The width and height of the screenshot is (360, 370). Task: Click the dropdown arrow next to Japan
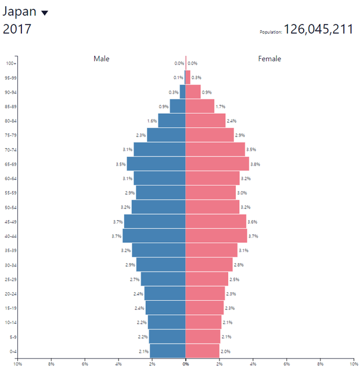click(x=45, y=13)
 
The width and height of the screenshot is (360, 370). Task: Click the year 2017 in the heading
click(x=17, y=29)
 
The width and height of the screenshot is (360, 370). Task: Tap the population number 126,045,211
click(x=318, y=30)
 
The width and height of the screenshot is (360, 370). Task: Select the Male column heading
click(x=102, y=59)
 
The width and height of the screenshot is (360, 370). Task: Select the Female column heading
click(x=269, y=59)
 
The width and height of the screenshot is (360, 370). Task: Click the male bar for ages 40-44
click(x=154, y=236)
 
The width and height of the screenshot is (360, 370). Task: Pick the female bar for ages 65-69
click(x=217, y=164)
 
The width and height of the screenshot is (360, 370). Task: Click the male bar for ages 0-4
click(x=168, y=351)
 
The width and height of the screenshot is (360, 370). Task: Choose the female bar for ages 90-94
click(x=193, y=92)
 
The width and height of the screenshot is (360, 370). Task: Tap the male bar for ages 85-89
click(x=178, y=106)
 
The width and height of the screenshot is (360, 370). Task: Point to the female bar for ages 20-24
click(x=205, y=293)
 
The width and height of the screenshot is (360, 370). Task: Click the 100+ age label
click(x=11, y=63)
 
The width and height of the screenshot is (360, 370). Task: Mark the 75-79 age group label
click(x=10, y=135)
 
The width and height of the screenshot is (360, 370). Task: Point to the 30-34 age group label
click(x=10, y=265)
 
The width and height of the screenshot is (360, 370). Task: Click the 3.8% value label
click(x=255, y=164)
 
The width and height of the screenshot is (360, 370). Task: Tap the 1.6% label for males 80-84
click(x=152, y=121)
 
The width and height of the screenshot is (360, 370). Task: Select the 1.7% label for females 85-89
click(x=220, y=106)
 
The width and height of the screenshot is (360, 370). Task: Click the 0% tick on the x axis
click(x=186, y=364)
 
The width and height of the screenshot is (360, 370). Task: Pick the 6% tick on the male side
click(x=85, y=364)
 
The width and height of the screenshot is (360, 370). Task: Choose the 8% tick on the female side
click(x=320, y=364)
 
